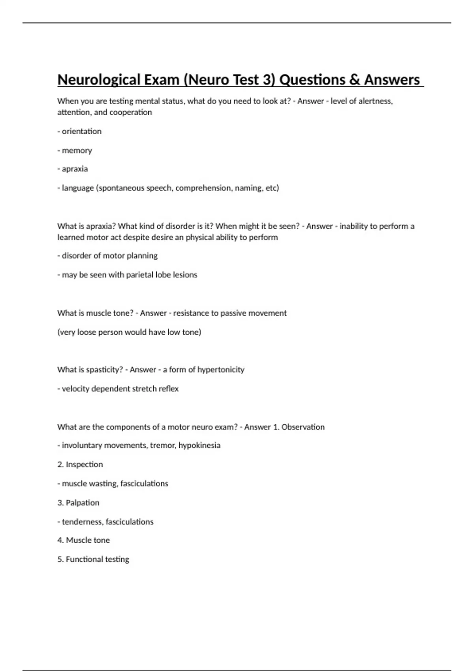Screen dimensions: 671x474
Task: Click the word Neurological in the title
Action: coord(98,80)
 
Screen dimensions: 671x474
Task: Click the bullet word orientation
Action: coord(81,131)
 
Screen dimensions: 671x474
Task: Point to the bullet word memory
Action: coord(77,150)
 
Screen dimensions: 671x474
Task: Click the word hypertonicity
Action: coord(221,370)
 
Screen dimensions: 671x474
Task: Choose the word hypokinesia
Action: coord(199,445)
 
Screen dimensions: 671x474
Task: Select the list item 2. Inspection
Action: coord(80,465)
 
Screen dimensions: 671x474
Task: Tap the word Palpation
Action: coord(83,503)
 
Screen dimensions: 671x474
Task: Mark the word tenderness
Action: coord(83,522)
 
